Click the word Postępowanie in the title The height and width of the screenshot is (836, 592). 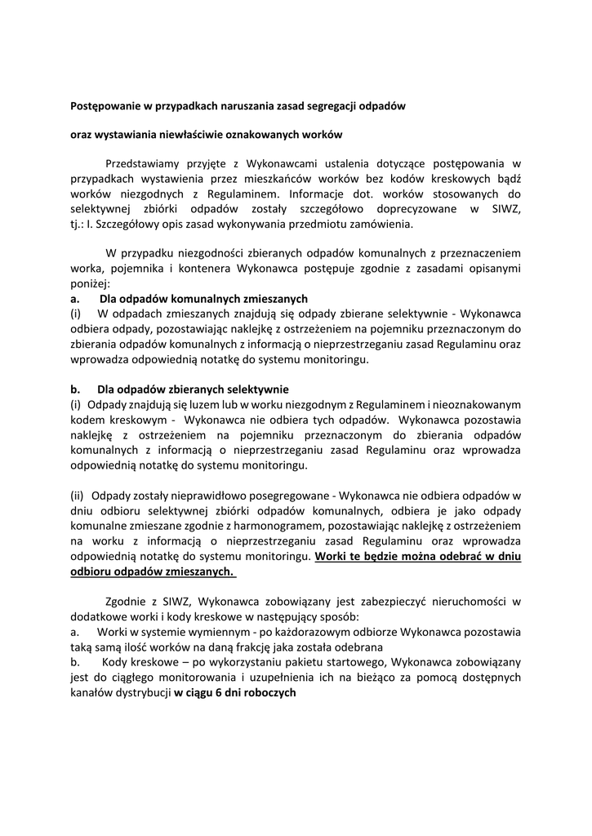click(x=107, y=106)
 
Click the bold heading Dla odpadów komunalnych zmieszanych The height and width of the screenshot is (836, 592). click(x=203, y=298)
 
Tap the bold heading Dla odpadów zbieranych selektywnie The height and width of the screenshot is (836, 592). click(x=193, y=389)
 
